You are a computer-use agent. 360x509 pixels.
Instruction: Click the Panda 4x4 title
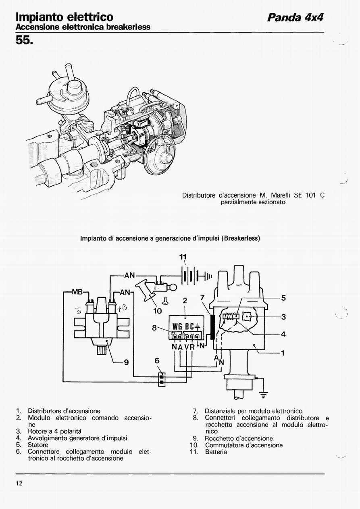pos(295,18)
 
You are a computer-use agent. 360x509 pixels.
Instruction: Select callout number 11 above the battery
pos(183,257)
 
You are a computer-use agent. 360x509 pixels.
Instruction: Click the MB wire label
pos(77,292)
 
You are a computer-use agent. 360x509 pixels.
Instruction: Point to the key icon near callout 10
pos(165,301)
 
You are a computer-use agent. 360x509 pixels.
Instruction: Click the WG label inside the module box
pos(177,326)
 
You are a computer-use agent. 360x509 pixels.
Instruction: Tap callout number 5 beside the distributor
pos(283,298)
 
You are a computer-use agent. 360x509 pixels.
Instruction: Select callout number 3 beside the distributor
pos(283,316)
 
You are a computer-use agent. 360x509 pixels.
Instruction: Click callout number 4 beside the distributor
pos(283,334)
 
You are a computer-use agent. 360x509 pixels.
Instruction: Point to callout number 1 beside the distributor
pos(283,353)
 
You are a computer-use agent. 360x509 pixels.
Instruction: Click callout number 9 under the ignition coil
pos(126,362)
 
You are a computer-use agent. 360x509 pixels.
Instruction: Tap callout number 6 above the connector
pos(157,361)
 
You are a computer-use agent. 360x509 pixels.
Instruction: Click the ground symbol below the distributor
pos(263,395)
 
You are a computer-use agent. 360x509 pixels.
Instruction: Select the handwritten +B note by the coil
pos(122,308)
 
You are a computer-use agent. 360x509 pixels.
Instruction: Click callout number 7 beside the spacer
pos(202,297)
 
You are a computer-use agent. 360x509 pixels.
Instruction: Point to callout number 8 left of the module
pos(154,328)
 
